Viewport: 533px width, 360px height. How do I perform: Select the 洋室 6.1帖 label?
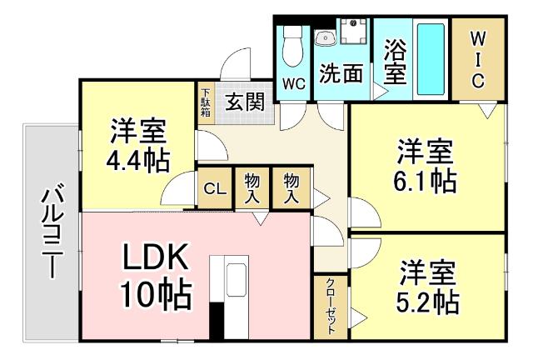pyautogui.click(x=425, y=167)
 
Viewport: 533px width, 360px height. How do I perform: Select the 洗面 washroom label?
pyautogui.click(x=341, y=73)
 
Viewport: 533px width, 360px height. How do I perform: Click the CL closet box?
pyautogui.click(x=212, y=190)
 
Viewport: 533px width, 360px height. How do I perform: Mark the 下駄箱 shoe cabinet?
pyautogui.click(x=206, y=102)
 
